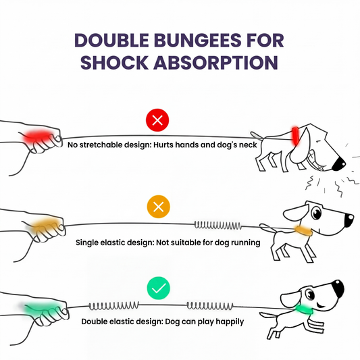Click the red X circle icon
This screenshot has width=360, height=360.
coord(157,120)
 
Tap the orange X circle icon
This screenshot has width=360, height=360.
coord(159,207)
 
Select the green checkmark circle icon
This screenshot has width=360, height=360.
coord(159,288)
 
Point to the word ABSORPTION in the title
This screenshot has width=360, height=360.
coord(216,62)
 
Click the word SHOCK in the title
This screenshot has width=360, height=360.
coord(115,62)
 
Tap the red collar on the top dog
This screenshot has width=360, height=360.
coord(295,136)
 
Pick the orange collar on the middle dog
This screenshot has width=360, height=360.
coord(304,230)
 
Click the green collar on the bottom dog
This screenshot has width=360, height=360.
coord(305,310)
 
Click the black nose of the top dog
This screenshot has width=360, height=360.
coord(339,163)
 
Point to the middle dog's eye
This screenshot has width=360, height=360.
coord(317,213)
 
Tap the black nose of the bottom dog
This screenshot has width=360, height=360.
coord(338,288)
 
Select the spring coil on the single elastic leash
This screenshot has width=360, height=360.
coord(218,225)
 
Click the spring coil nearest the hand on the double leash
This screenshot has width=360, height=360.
coord(114,306)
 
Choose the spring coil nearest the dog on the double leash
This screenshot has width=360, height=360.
coord(210,305)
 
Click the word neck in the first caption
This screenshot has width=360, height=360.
coord(248,145)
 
